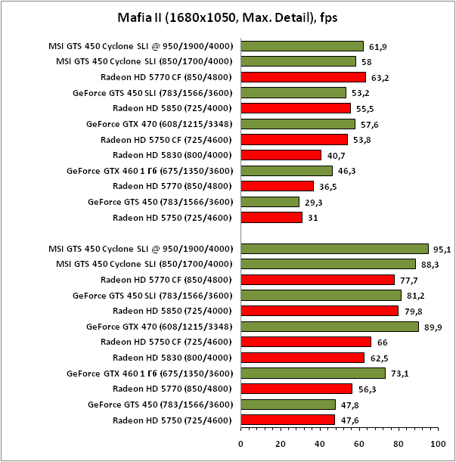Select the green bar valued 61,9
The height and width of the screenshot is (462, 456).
[302, 46]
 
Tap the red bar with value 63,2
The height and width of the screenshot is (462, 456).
[303, 77]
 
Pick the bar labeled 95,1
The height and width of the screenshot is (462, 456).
[335, 248]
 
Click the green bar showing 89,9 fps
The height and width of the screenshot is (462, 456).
[330, 327]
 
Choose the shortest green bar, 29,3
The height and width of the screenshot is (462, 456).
[270, 202]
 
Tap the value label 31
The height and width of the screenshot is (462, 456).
[315, 218]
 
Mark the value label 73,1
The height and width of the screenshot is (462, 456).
[401, 374]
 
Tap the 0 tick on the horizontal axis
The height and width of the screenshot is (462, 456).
[241, 443]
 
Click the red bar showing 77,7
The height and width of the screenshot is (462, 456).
[318, 280]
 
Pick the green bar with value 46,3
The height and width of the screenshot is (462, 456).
[287, 171]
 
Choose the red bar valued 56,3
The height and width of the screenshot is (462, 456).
[296, 389]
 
